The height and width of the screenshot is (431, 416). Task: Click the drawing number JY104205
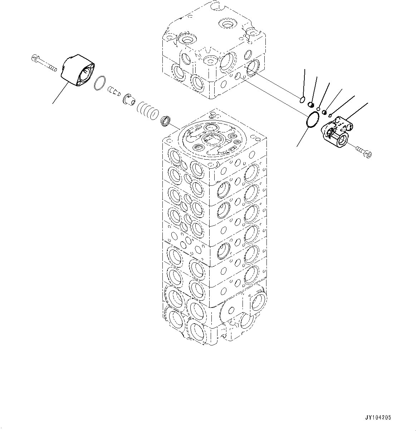tap(378, 417)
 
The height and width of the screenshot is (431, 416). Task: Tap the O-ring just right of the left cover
tap(100, 83)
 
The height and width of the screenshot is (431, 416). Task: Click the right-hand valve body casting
tap(338, 131)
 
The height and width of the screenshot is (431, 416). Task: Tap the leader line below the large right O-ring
tap(302, 138)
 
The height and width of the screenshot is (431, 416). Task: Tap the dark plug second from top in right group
tap(311, 105)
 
